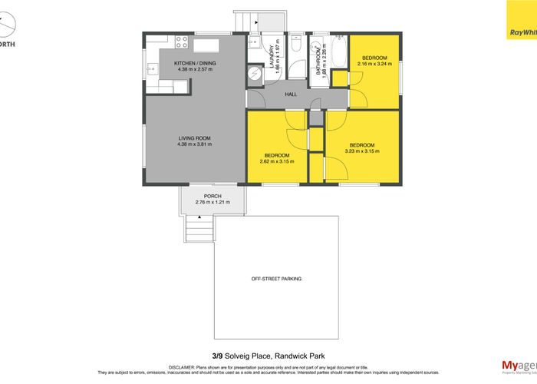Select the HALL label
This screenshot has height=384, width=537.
pyautogui.click(x=291, y=94)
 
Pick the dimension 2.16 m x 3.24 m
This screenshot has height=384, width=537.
pyautogui.click(x=374, y=65)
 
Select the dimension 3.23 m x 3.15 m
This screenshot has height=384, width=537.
pyautogui.click(x=361, y=152)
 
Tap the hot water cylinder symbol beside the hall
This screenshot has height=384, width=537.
pyautogui.click(x=255, y=74)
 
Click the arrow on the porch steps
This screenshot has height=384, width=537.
pyautogui.click(x=200, y=217)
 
